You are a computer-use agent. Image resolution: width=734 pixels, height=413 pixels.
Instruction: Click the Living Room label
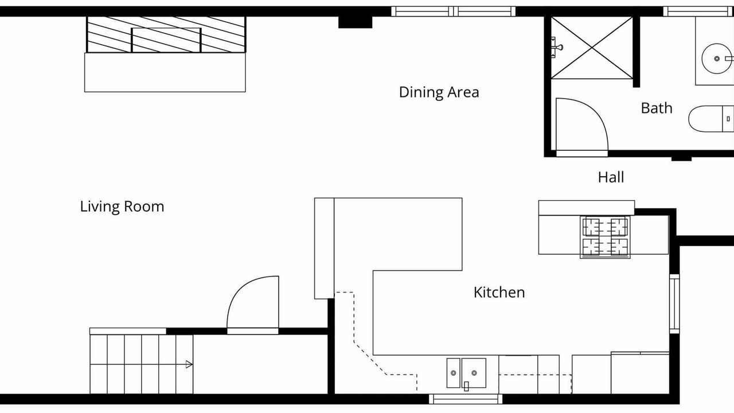point(122,207)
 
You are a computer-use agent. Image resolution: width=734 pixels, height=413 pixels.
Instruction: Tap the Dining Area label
point(439,92)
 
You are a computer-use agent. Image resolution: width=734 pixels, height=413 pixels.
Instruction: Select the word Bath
point(657,108)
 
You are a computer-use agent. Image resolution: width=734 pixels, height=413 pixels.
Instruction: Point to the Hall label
point(611,177)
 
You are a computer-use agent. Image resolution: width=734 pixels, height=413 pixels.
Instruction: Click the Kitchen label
point(499,293)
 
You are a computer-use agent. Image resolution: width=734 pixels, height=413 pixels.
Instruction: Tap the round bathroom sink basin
point(716,59)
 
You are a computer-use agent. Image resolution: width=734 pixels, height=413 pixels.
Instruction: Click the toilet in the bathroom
point(710,119)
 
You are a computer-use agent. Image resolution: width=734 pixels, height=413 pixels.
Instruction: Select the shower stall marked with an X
point(592,48)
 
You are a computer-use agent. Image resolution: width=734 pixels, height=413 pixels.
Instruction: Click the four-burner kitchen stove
point(605,237)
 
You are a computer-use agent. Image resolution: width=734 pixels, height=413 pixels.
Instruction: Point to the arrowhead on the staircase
point(189,364)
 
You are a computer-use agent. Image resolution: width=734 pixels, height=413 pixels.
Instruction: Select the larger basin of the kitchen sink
point(474,373)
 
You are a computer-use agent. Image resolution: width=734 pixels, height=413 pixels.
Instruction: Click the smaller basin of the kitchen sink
point(454,373)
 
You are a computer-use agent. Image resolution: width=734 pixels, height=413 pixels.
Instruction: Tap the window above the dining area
point(453,11)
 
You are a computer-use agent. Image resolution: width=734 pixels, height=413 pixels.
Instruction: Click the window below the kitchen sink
point(466,399)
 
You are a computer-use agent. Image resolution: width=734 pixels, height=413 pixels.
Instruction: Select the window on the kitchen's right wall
point(674,304)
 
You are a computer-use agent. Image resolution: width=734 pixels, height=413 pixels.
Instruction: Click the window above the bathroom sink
point(698,11)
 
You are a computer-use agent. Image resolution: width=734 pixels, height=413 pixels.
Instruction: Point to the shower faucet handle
point(556,48)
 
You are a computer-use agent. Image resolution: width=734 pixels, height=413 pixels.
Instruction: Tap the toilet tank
point(728,119)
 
